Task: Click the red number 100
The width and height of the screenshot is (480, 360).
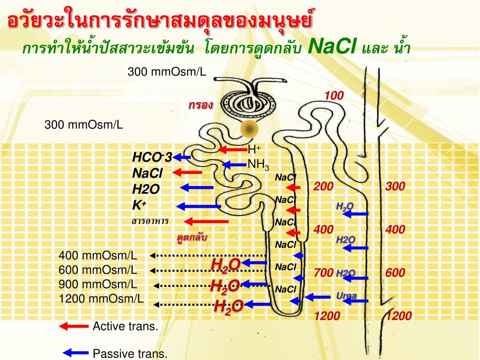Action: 335,96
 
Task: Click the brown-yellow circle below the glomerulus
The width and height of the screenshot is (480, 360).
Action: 250,128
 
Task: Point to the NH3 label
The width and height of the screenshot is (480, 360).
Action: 258,165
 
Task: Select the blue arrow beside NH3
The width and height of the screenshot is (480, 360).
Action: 233,165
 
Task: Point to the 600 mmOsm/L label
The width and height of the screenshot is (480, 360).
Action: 98,270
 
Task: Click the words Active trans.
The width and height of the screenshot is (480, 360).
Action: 125,326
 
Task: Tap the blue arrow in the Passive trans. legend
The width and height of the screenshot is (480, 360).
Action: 75,352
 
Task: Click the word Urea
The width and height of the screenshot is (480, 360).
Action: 346,295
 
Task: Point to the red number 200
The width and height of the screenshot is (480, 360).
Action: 323,187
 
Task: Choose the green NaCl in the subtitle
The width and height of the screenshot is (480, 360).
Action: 334,47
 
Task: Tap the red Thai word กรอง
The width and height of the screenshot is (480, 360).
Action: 201,105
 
